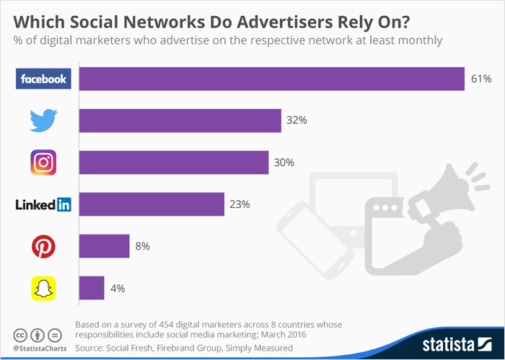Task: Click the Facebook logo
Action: tap(44, 79)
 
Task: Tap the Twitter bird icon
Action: tap(44, 120)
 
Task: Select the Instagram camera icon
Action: tap(44, 162)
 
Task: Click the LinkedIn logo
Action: tap(44, 205)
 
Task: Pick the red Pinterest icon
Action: tap(44, 247)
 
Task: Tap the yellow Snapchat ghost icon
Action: tap(44, 289)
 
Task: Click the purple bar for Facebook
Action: tap(271, 79)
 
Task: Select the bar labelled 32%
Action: tap(180, 120)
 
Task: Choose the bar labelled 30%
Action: tap(174, 162)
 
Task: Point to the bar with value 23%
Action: tap(151, 205)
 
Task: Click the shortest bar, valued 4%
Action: tap(92, 289)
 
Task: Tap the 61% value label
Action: tap(480, 79)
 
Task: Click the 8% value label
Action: tap(141, 247)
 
